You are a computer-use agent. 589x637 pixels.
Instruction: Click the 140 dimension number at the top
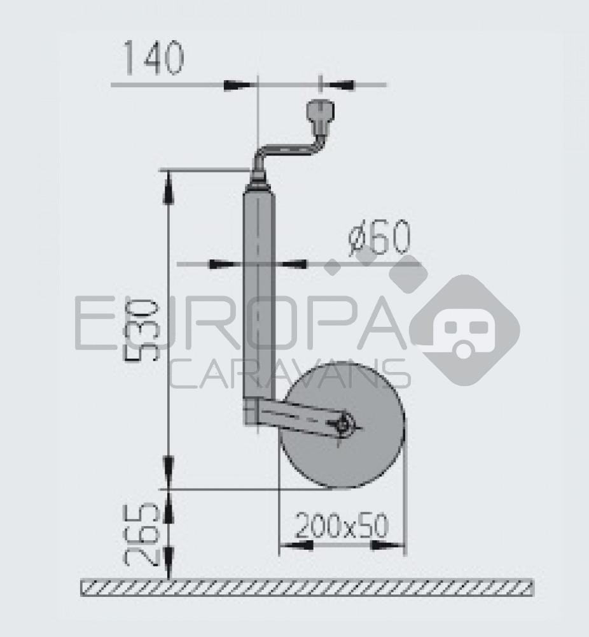[x=153, y=58]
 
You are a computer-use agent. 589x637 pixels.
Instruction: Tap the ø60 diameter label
[x=380, y=239]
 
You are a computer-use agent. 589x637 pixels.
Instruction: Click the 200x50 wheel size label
[x=342, y=526]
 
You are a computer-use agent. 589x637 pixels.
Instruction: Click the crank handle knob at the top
[x=319, y=115]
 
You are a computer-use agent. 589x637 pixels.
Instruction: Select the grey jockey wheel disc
[x=363, y=459]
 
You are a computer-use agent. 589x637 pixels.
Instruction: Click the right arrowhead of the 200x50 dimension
[x=391, y=545]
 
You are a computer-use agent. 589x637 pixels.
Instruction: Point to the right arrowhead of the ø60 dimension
[x=294, y=264]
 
